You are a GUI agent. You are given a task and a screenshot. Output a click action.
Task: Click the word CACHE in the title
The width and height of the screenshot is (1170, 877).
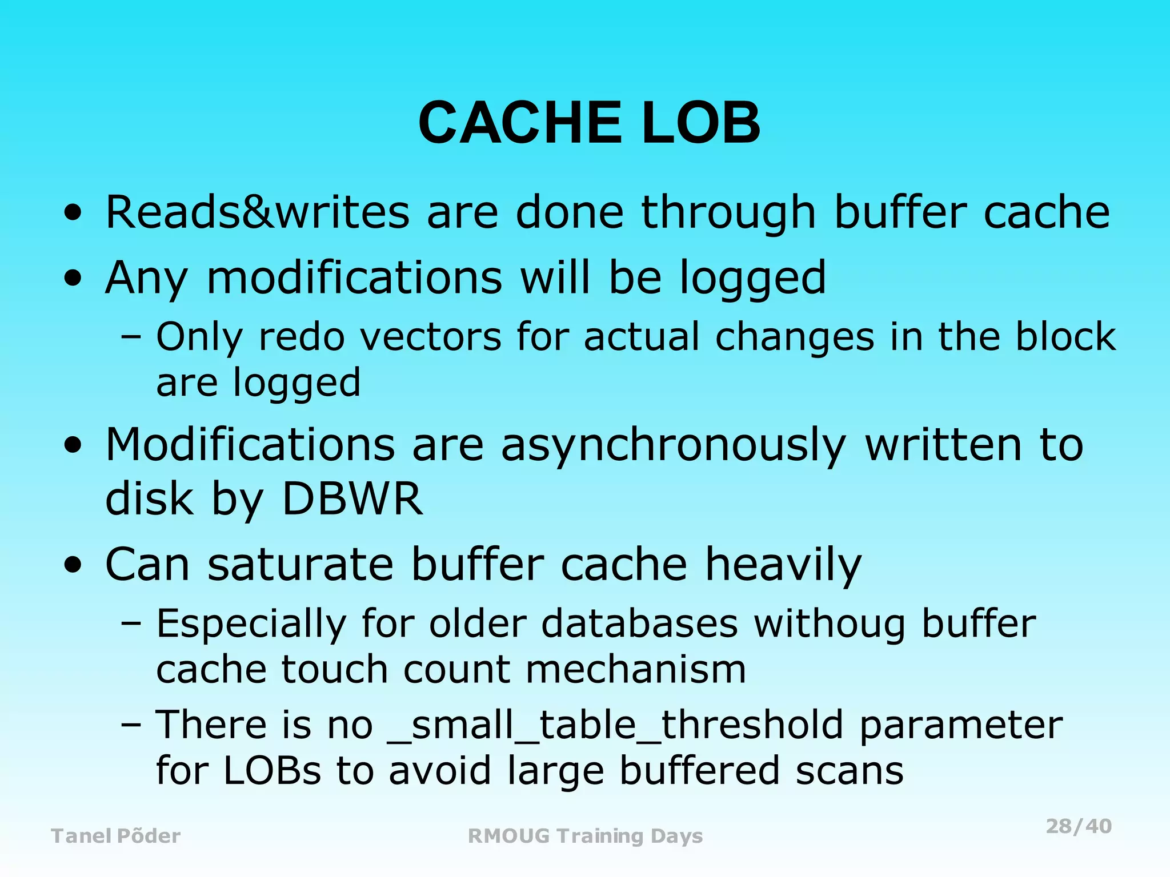coord(520,123)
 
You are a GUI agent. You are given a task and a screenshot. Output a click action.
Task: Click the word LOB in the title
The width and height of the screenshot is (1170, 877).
coord(701,123)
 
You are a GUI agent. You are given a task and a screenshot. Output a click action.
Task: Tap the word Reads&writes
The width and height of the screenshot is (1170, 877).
coord(258,212)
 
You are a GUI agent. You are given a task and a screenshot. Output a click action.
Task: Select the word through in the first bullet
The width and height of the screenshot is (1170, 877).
coord(729,212)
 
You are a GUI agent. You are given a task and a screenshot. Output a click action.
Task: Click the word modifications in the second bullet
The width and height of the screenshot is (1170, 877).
coord(354,278)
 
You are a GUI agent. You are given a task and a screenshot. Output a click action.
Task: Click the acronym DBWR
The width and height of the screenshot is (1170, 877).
coord(352,498)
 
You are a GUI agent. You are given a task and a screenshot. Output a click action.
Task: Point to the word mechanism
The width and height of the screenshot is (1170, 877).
coord(635,669)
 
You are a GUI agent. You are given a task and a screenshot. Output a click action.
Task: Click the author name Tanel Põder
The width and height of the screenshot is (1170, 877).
coord(116,836)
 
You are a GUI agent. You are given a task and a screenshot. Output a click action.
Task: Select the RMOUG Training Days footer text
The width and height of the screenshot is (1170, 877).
coord(585,836)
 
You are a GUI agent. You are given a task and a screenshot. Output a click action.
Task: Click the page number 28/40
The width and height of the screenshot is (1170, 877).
coord(1078,826)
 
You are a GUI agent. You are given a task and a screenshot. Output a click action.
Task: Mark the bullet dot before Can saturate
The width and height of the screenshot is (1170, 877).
coord(73,566)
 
